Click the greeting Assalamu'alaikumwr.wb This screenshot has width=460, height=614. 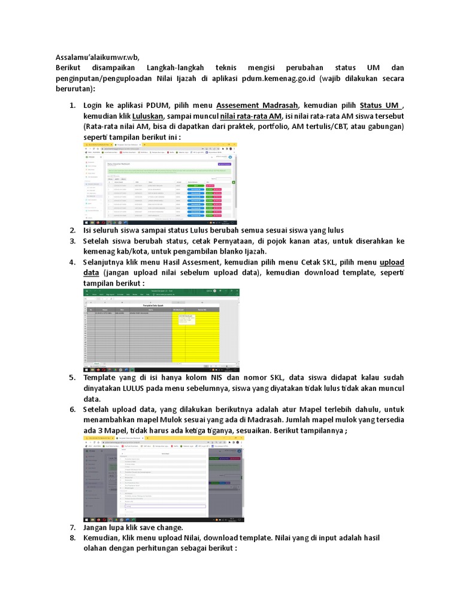coord(97,57)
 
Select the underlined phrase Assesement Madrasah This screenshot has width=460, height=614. coord(256,106)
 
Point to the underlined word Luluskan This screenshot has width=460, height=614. coord(148,116)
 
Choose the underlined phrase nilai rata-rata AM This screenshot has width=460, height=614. coord(250,116)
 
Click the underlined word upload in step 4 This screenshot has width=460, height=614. coord(392,262)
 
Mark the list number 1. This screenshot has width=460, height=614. coord(72,106)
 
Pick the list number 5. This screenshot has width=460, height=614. coord(72,377)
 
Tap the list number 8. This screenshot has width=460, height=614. coord(72,538)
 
